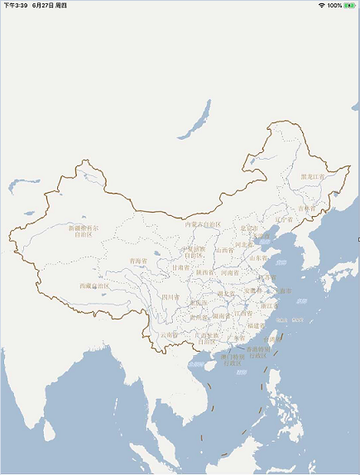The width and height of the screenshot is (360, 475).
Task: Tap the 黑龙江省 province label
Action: pos(313,176)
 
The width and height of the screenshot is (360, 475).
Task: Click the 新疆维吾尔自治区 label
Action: pos(84,230)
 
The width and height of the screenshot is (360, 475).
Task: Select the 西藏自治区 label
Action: pos(94,286)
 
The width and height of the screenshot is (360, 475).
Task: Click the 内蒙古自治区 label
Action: pos(203,224)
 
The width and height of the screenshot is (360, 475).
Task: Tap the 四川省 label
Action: pos(170,296)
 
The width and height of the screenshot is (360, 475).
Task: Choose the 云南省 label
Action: pos(170,335)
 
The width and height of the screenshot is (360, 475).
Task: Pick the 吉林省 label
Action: pos(308,209)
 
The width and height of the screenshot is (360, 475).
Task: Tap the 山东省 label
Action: pos(259,258)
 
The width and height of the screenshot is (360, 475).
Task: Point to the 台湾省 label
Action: pos(272,339)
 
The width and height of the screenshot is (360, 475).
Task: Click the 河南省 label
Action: pos(229,272)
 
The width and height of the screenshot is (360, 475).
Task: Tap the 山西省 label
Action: pos(224,250)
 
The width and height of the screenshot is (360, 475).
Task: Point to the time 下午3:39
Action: pos(15,5)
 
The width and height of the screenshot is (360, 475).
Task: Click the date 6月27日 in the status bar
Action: pos(45,5)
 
